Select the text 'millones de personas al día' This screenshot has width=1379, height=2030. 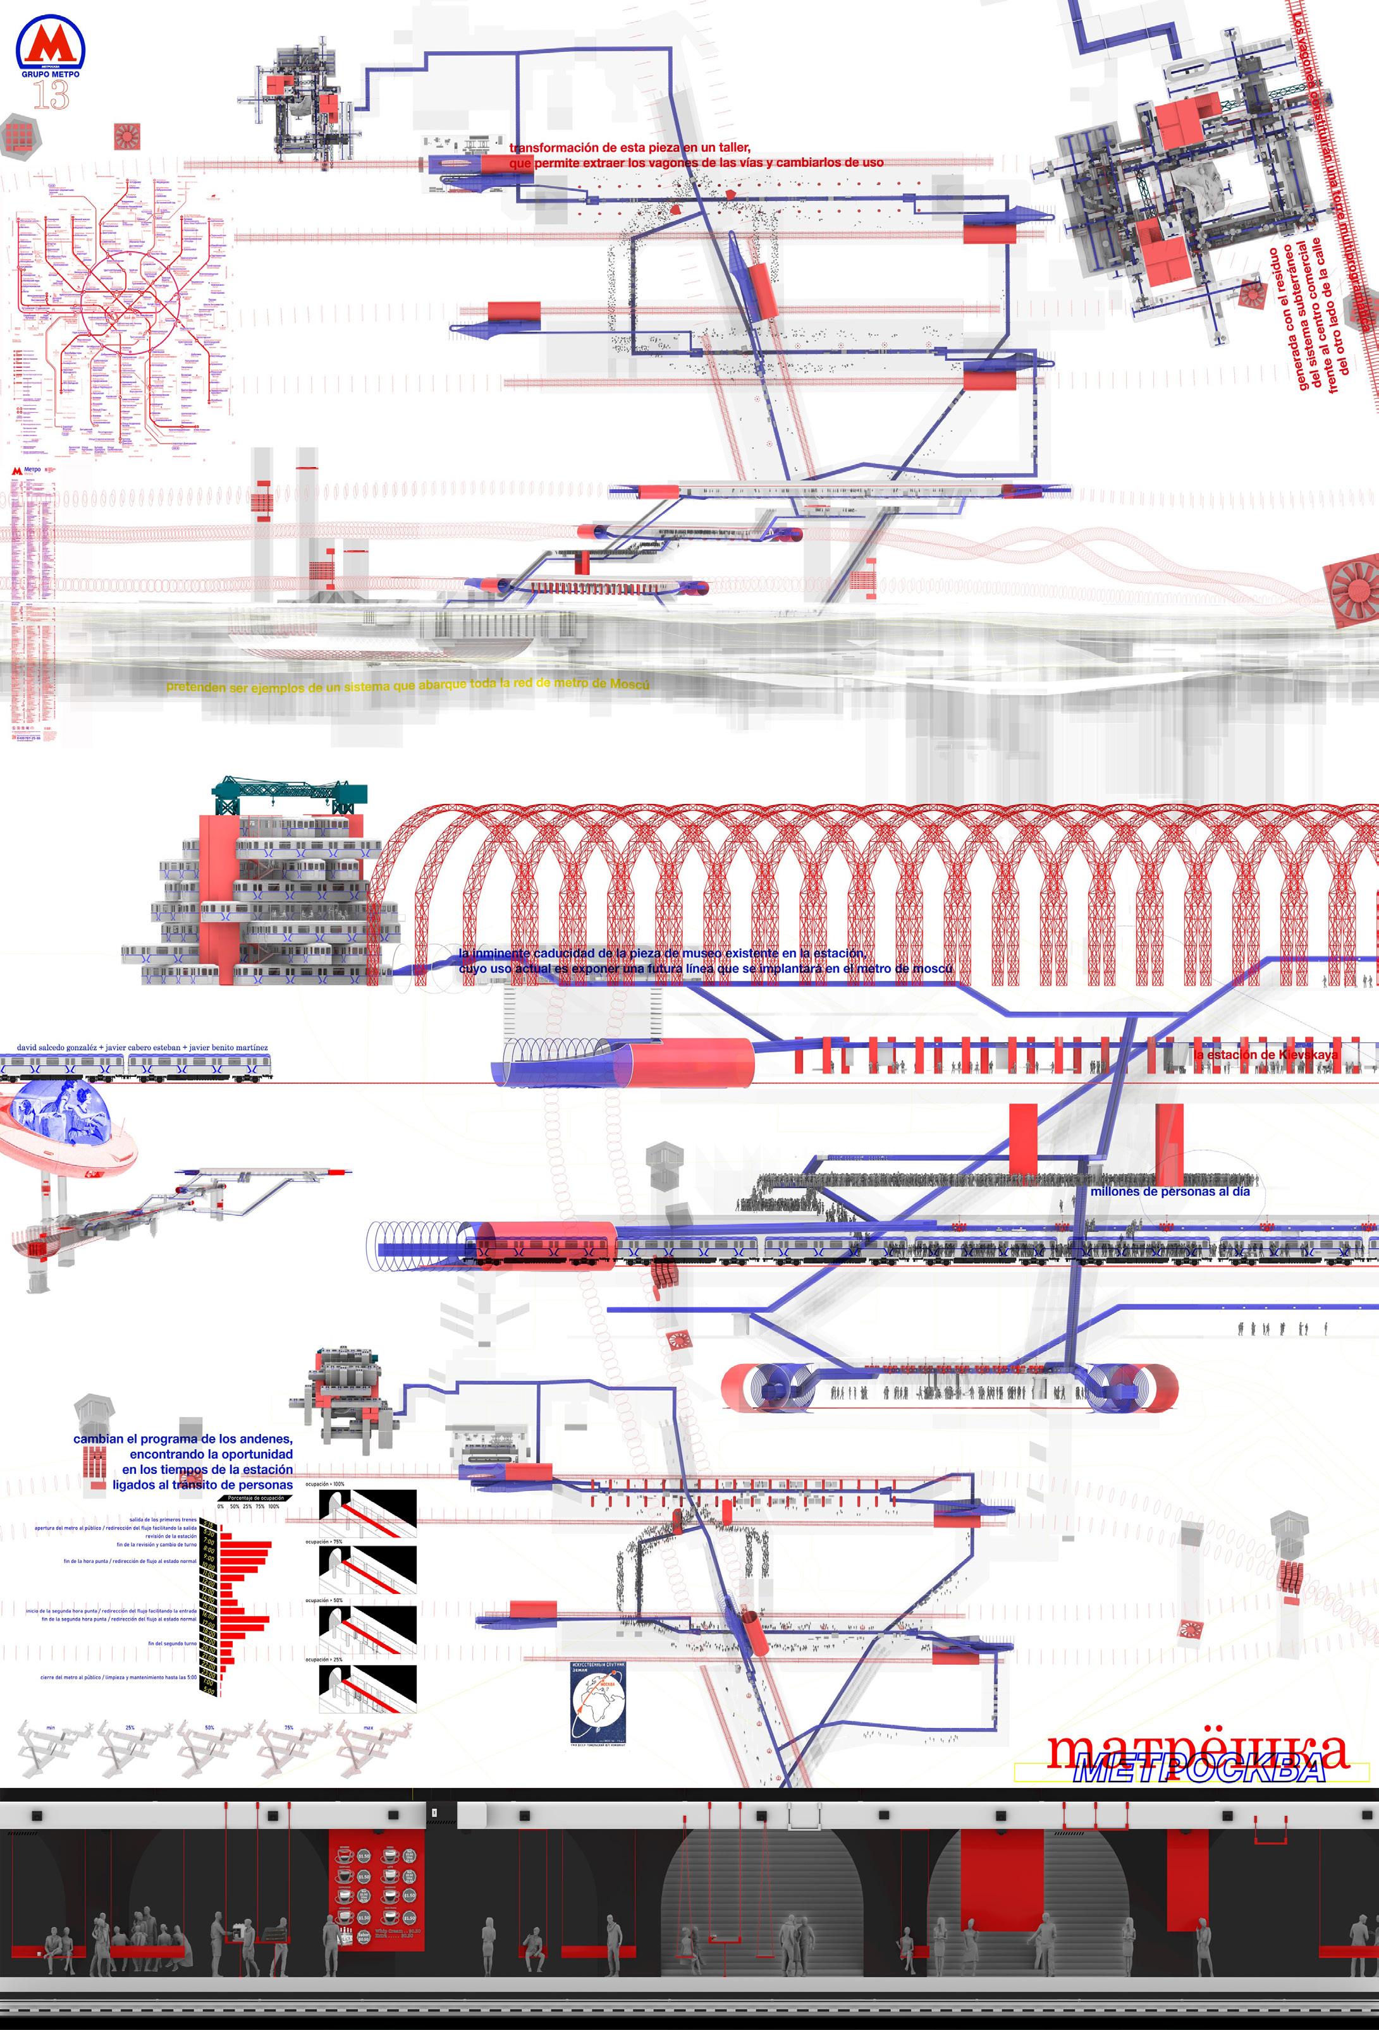pos(1169,1191)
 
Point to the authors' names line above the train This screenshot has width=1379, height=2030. pos(142,1047)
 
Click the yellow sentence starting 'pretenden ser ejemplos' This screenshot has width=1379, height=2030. pos(407,686)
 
